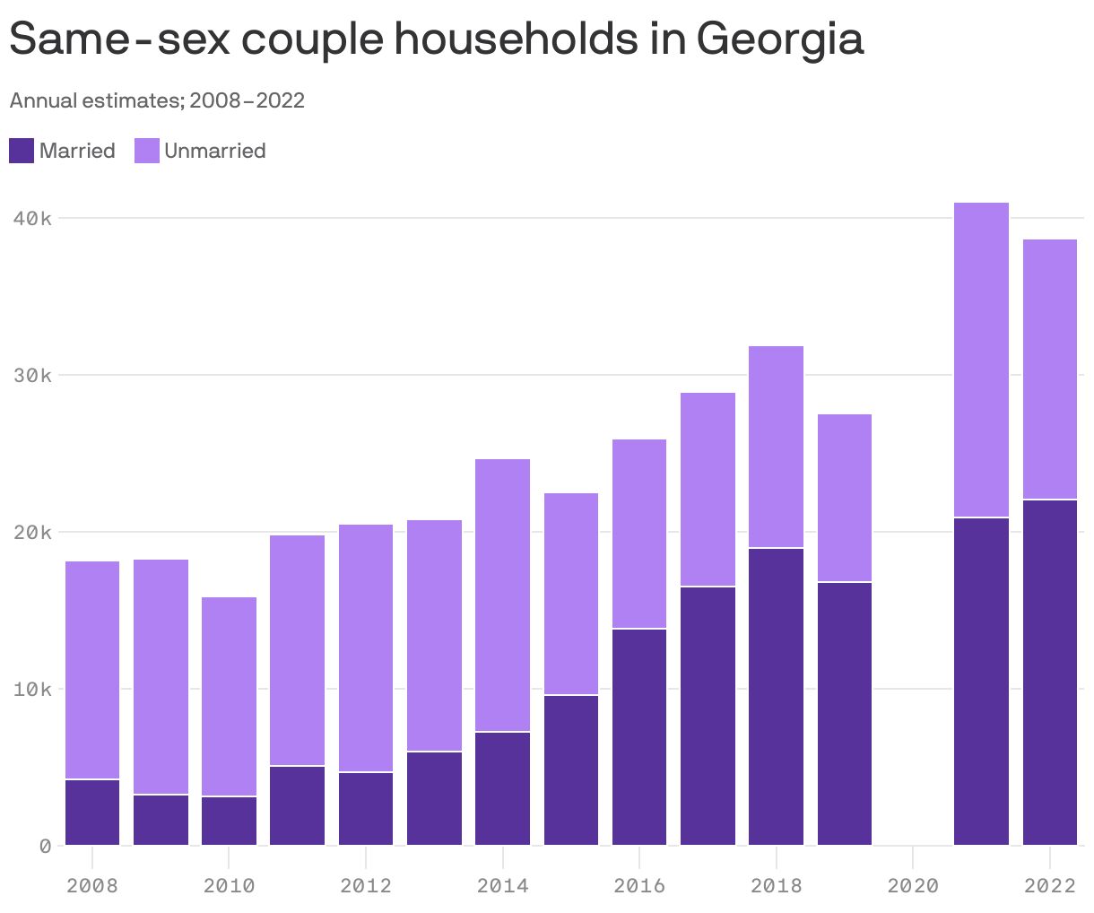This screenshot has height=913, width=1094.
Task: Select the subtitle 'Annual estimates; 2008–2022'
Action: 157,100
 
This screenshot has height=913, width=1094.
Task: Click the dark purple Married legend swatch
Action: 22,151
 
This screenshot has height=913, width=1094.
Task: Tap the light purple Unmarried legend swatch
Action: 147,151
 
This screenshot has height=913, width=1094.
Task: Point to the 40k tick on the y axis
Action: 33,218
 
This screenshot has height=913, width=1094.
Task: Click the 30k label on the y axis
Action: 33,375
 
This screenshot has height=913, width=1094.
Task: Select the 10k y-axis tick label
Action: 33,689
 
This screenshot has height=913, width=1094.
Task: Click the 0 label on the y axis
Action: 45,846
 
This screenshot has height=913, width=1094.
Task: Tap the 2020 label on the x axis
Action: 913,886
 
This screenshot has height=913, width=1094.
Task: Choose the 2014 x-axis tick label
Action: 502,886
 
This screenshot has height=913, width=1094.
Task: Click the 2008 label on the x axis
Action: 92,886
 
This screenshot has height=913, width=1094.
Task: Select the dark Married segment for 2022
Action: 1049,673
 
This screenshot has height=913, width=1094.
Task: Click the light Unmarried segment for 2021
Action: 981,360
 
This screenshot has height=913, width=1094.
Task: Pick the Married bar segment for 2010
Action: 229,821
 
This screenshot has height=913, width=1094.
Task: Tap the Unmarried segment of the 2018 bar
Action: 776,447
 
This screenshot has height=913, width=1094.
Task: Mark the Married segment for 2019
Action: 844,714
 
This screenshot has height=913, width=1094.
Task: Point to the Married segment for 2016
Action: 639,737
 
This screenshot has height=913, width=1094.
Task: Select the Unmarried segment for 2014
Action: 502,596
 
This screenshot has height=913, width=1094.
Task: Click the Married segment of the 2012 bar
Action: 366,809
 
